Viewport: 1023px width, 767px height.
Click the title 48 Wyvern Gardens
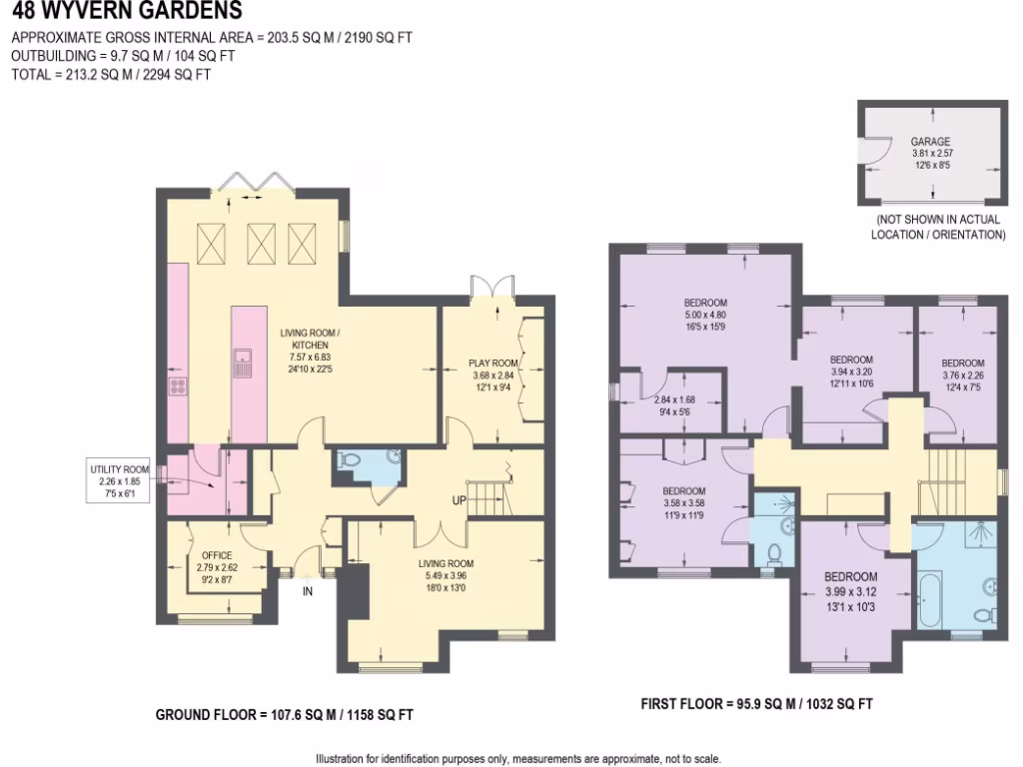[x=126, y=12]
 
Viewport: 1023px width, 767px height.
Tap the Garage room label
[x=929, y=142]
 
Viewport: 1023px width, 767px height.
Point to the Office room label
[x=217, y=555]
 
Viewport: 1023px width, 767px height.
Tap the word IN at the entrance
[x=308, y=591]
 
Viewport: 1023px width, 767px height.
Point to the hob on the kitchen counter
[x=179, y=384]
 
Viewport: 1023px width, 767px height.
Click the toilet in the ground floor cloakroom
[x=349, y=461]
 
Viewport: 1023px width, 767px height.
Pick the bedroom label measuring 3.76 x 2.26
[x=962, y=363]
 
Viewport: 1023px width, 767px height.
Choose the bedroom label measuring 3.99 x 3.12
[x=850, y=576]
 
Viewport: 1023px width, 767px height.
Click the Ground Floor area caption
[x=284, y=715]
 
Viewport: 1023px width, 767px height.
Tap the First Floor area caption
[x=756, y=704]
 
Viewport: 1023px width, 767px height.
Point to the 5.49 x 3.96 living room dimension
[x=443, y=576]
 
